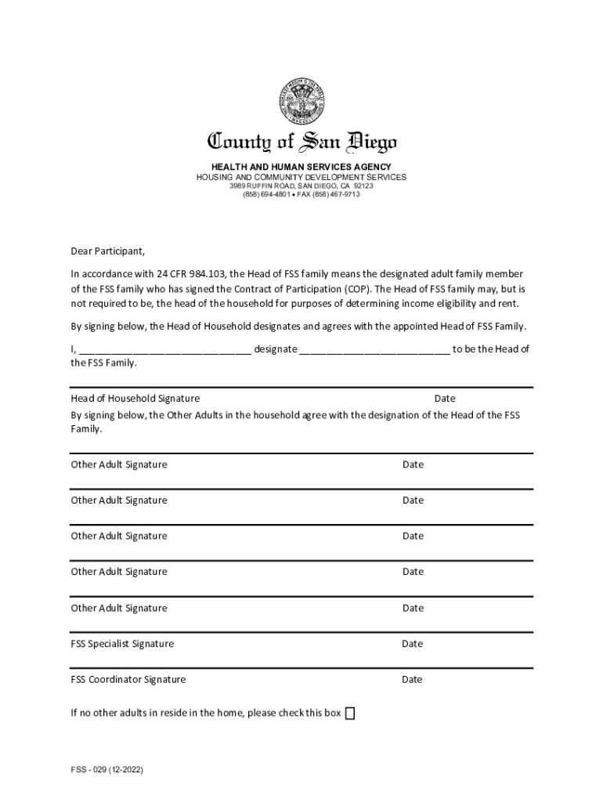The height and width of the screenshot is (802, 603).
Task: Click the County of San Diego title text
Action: tap(301, 143)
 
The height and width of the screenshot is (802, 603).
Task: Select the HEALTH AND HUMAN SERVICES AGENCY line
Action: tap(301, 167)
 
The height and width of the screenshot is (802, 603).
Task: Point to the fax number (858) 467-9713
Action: tap(337, 194)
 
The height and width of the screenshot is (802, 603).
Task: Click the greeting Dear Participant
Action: tap(107, 251)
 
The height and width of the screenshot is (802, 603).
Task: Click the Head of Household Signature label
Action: tap(135, 399)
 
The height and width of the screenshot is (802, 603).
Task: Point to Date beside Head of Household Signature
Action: tap(445, 399)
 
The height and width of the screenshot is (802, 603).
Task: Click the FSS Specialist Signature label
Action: tap(122, 644)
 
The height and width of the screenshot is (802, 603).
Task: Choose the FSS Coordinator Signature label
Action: tap(128, 679)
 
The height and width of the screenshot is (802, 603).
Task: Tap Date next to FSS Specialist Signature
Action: tap(412, 644)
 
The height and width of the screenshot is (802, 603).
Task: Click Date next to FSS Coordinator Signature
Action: tap(412, 679)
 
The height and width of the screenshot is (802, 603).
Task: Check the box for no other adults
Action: tap(350, 713)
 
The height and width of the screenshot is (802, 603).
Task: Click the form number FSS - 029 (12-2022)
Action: tap(105, 770)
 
